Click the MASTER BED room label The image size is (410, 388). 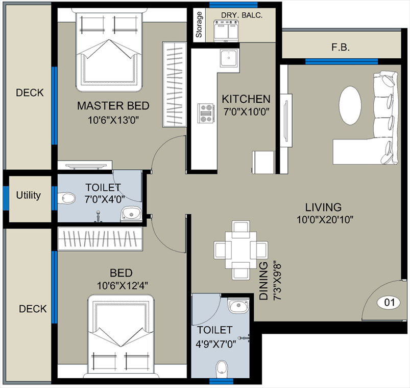click(x=113, y=106)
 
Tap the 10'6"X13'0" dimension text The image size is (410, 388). click(x=113, y=121)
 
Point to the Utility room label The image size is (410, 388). click(x=28, y=195)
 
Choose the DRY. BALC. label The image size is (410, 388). click(x=242, y=15)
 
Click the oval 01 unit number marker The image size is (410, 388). click(x=389, y=303)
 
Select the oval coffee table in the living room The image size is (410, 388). click(x=352, y=104)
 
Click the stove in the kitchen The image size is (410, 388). click(x=206, y=113)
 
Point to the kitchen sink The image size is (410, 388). click(x=226, y=58)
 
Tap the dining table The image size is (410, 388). click(x=240, y=250)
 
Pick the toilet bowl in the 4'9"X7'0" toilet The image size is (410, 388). click(x=221, y=368)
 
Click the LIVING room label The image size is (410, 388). click(x=323, y=207)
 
